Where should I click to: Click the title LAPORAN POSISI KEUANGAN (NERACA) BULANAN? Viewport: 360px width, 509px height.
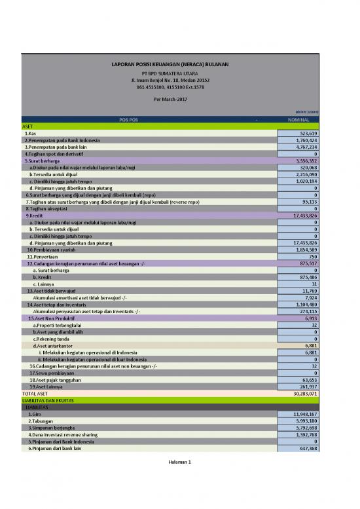[x=170, y=64]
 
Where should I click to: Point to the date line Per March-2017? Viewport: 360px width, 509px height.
[x=170, y=98]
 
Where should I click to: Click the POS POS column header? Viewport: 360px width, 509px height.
[x=128, y=120]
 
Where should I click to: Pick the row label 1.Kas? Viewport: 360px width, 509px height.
[x=30, y=133]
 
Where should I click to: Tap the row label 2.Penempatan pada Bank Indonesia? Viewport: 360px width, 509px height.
[x=62, y=140]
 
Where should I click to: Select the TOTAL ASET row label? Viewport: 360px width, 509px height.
[x=36, y=393]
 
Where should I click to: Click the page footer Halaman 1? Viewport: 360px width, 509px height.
[x=179, y=462]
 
